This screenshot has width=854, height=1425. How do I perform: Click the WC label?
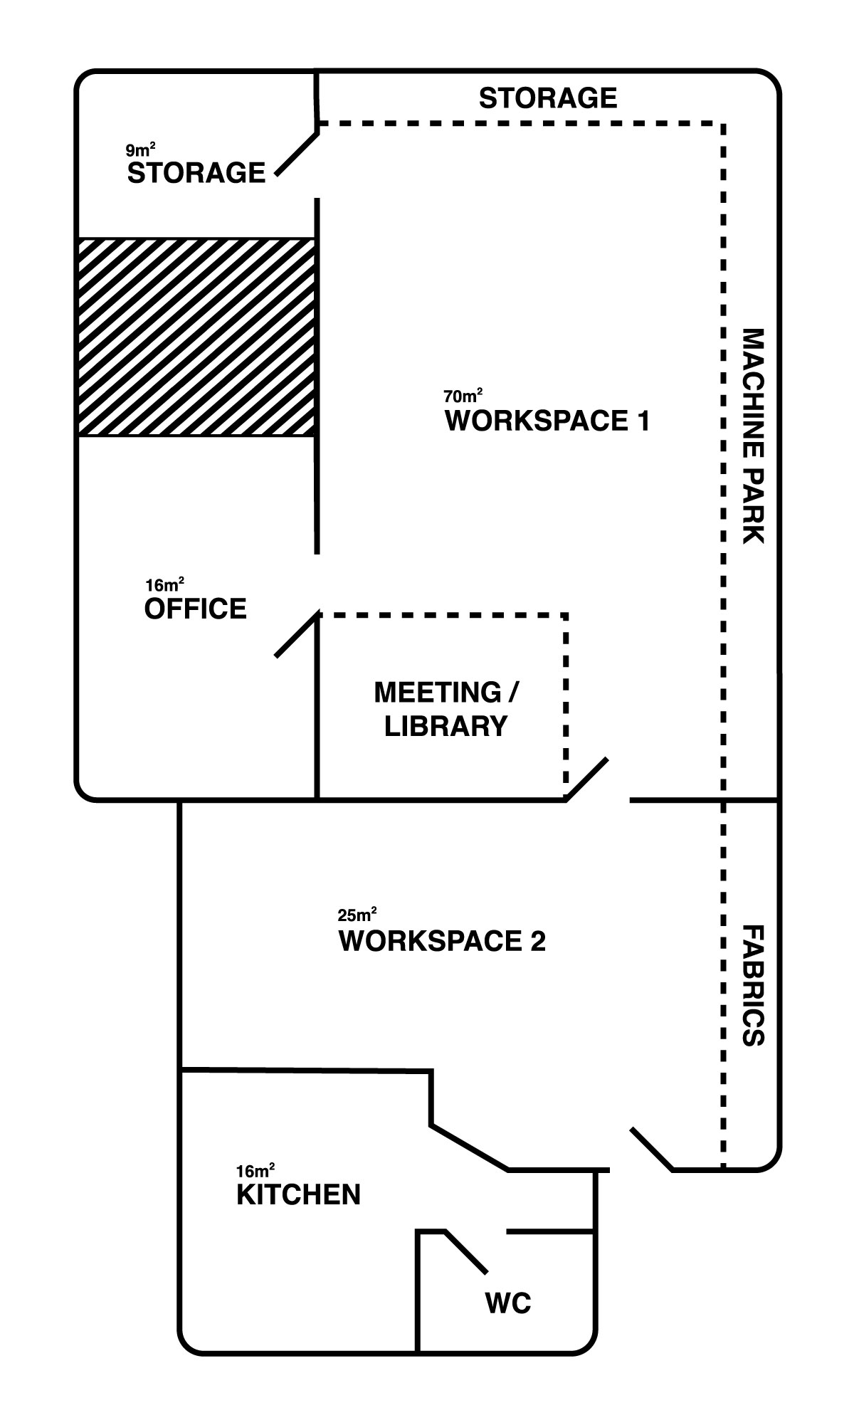coord(508,1303)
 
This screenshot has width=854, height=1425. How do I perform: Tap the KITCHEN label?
coord(298,1194)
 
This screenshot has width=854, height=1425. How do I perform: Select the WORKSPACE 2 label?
coord(442,940)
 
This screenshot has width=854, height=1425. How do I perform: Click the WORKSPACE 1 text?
coord(547,421)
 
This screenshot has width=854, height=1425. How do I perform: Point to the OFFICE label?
coord(196,609)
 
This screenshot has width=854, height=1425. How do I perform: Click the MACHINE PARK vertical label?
coord(752,436)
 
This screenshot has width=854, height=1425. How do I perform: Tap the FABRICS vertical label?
coord(752,985)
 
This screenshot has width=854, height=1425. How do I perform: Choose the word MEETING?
coord(438,692)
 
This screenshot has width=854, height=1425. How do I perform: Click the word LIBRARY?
coord(446,726)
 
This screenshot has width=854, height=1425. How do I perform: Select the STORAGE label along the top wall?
coord(547,98)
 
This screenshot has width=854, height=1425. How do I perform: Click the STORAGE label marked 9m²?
coord(196,173)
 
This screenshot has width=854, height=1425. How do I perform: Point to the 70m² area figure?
coord(463,395)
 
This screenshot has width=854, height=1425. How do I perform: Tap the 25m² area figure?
coord(357,914)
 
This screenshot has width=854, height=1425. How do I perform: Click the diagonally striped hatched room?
coord(196,337)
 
